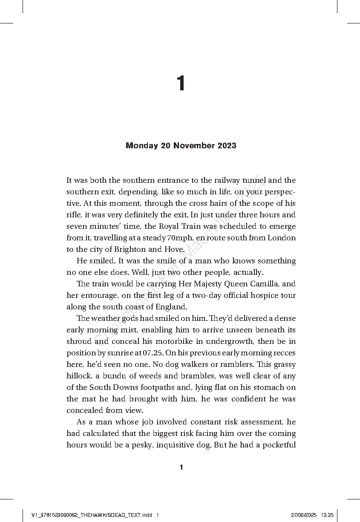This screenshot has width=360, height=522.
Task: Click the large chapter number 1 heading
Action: point(181,84)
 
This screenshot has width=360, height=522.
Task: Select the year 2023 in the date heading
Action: point(227,146)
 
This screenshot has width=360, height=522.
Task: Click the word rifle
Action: point(74,215)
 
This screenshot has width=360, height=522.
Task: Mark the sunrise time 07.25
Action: point(153,353)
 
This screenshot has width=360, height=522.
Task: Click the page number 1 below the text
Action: point(181,467)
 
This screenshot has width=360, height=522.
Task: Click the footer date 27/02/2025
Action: point(304,515)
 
